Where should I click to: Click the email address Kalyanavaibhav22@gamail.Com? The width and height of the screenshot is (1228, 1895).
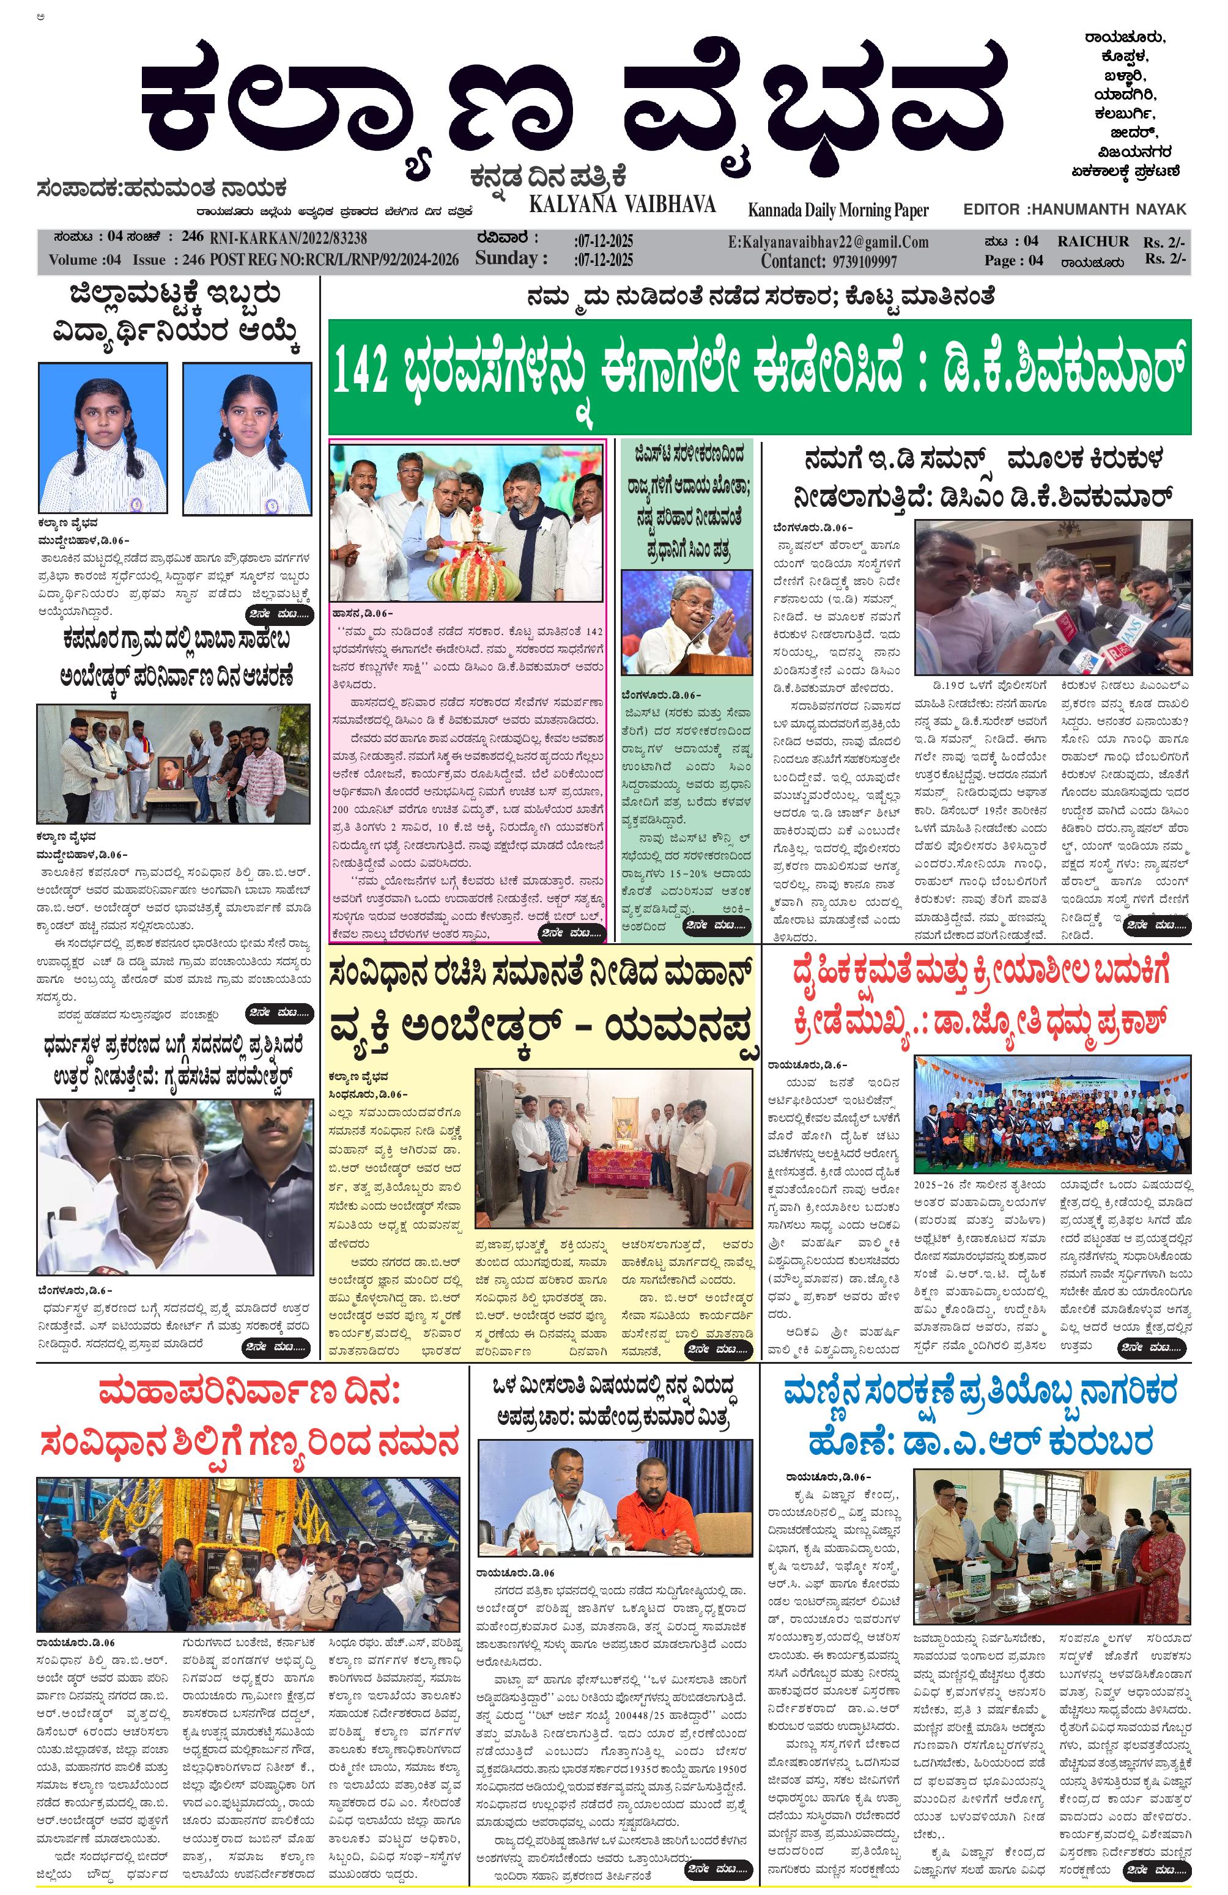pos(828,242)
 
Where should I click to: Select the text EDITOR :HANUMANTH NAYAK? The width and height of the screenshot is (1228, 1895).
pos(1073,210)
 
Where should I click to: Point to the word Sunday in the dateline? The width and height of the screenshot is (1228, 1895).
pos(506,258)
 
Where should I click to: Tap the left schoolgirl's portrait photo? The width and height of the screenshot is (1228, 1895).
pos(103,439)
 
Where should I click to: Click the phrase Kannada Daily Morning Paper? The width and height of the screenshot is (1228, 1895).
pos(838,210)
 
